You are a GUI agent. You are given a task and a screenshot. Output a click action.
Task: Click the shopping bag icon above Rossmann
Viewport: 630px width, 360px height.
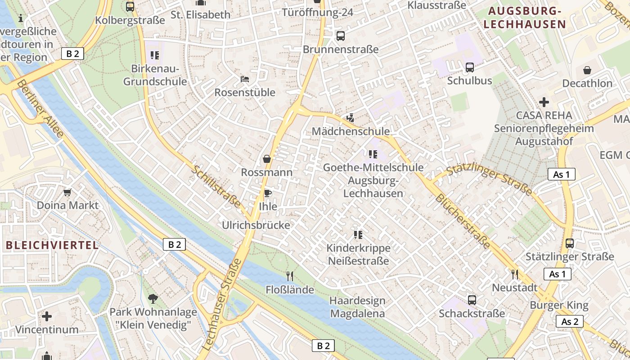(x=267, y=159)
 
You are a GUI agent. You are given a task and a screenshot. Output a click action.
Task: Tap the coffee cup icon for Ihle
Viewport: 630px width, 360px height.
(x=267, y=193)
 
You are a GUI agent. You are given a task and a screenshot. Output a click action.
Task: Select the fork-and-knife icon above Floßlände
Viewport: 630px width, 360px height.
(x=290, y=276)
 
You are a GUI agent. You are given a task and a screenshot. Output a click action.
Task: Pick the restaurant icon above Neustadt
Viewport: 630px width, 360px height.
(x=515, y=274)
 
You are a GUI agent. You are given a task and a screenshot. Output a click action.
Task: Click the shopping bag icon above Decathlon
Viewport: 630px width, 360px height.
(x=587, y=70)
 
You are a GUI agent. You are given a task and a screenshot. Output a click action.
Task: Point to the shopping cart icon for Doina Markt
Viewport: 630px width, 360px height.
(x=67, y=192)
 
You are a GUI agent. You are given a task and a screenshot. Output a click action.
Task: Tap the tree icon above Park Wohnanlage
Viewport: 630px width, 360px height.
(x=153, y=298)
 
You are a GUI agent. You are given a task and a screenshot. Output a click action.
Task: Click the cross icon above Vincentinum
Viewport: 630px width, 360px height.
(x=47, y=316)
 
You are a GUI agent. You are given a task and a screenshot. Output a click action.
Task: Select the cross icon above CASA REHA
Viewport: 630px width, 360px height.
(x=544, y=102)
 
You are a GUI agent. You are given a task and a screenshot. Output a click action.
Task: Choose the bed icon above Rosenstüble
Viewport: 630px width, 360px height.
(x=245, y=79)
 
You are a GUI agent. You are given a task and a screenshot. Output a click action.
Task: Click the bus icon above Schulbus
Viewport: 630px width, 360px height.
(x=470, y=67)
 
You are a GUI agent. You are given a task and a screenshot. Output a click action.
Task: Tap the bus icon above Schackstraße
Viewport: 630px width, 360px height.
(x=472, y=300)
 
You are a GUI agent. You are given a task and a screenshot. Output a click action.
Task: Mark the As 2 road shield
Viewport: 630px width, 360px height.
(x=570, y=321)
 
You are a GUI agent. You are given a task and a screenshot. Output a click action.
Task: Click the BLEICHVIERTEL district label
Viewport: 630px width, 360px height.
(x=52, y=245)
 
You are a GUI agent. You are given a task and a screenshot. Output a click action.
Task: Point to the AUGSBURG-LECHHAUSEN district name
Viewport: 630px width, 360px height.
(x=524, y=18)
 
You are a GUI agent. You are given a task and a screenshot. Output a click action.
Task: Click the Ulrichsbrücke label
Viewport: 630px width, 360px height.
(x=256, y=225)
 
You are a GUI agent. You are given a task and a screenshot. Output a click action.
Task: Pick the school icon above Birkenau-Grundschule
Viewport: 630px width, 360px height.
(x=155, y=55)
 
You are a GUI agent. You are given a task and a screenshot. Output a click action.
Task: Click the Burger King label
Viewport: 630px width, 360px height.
(x=559, y=305)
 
